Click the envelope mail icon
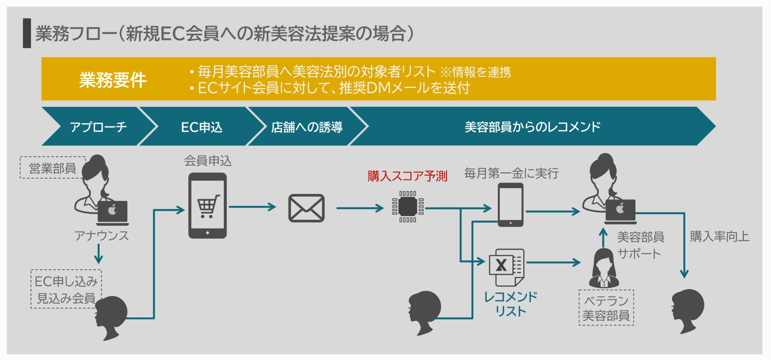click(306, 208)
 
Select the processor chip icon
click(408, 207)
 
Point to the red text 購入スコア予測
click(407, 176)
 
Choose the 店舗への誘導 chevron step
click(307, 127)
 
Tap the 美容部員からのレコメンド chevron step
click(532, 127)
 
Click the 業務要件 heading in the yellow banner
click(113, 80)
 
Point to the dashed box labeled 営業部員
click(53, 168)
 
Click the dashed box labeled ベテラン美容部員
click(606, 307)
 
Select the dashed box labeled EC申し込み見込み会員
click(66, 289)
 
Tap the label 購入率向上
click(720, 236)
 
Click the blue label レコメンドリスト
click(510, 304)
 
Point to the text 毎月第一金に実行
click(511, 173)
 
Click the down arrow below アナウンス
click(99, 254)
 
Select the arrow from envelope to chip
click(360, 208)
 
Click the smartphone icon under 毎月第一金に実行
click(510, 205)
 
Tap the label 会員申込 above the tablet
click(208, 161)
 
